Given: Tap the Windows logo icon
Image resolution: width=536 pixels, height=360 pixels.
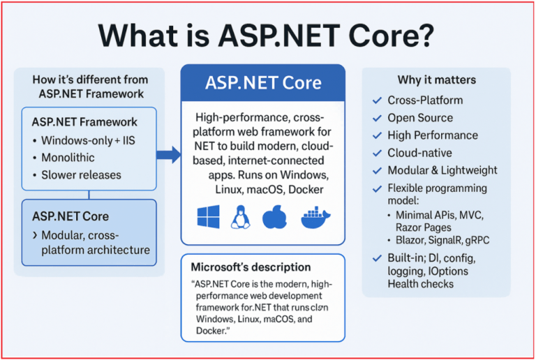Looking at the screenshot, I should pos(208,217).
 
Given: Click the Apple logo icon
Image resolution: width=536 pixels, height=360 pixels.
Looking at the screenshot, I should pos(274,217).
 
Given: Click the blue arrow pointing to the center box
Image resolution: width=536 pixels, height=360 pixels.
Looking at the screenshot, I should pos(167,155).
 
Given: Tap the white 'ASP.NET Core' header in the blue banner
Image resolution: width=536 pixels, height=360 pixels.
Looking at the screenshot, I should pos(263,83).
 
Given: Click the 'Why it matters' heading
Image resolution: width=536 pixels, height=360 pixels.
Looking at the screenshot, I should pos(437,80).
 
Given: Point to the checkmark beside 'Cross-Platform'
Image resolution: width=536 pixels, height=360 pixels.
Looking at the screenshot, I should pos(378,100).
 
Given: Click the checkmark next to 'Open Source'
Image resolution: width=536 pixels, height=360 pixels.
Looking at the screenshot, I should pos(378,118).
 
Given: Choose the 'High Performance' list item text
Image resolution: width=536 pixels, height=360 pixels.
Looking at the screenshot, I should pos(433,135).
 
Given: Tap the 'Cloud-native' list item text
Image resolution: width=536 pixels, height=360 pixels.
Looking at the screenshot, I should pos(419,153).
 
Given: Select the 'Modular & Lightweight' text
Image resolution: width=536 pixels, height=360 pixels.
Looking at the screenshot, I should pos(442,170).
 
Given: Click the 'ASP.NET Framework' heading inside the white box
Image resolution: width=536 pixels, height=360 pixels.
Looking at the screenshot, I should pos(84,122).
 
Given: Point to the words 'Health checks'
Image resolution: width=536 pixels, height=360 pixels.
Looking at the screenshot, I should pos(421,283).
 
